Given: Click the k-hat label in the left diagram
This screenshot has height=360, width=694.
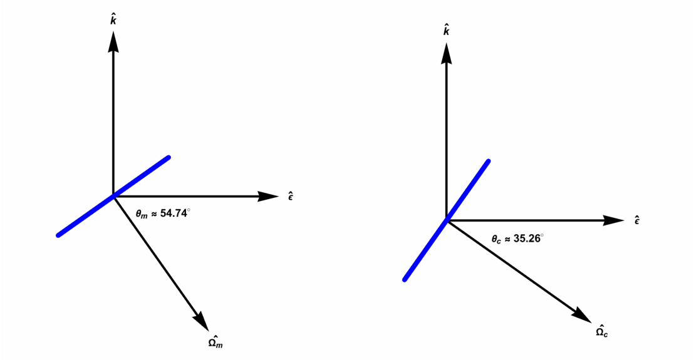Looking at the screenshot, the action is (113, 20).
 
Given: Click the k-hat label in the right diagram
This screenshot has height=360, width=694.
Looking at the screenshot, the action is (447, 31).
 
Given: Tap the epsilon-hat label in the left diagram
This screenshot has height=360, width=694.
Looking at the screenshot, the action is (291, 196).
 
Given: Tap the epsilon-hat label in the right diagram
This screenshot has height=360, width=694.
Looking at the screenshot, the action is (637, 220).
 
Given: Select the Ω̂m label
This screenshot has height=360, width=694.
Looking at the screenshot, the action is (215, 342).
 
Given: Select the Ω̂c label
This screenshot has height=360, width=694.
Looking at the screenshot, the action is (601, 331).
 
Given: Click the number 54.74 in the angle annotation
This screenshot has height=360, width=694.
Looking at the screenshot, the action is (173, 213).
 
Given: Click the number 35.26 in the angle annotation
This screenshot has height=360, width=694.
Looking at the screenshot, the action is (527, 239).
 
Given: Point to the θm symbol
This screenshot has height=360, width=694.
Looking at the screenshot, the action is (142, 215).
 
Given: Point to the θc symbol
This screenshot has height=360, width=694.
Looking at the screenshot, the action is (496, 239).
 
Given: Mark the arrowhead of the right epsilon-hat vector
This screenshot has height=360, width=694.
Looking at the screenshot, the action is (614, 220).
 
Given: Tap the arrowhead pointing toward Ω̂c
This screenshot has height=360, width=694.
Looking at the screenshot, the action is (583, 315).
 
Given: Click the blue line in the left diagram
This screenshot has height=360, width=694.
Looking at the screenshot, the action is (113, 197).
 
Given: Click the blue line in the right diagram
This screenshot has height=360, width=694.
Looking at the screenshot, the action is (446, 220).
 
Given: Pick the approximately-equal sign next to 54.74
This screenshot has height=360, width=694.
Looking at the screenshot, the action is (154, 214).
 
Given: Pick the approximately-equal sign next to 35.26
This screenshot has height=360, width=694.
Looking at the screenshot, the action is (508, 239).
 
